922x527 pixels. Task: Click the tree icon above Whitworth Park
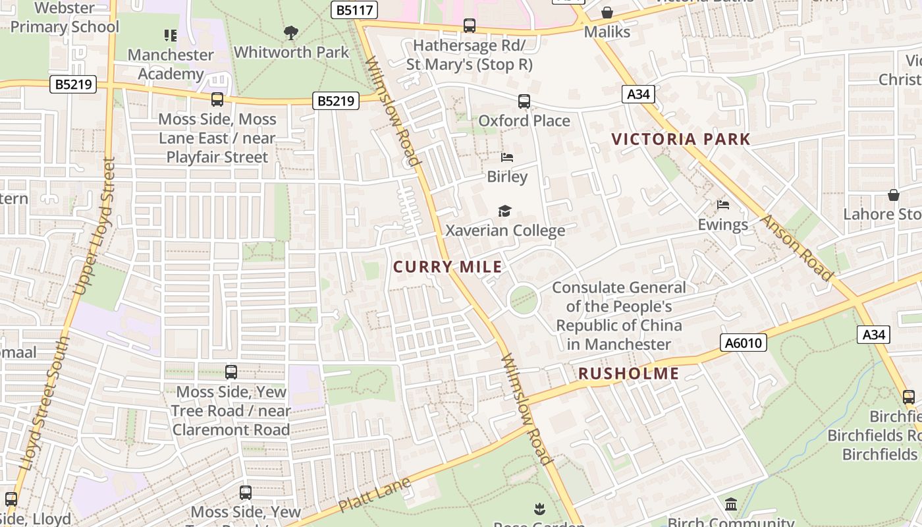(291, 32)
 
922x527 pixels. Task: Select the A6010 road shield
(744, 343)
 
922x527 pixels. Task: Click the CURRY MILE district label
(447, 267)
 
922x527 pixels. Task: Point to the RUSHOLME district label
(628, 374)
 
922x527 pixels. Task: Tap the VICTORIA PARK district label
(681, 139)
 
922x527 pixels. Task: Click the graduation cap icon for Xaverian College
(504, 211)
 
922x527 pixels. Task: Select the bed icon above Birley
(506, 157)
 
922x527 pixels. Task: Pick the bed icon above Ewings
(723, 205)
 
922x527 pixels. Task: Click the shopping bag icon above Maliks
(607, 13)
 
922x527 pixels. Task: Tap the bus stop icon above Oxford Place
(524, 101)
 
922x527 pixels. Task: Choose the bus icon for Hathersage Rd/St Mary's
(469, 26)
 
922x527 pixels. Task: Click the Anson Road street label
(798, 247)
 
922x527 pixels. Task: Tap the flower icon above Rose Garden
(539, 509)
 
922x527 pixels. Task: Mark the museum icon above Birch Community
(731, 505)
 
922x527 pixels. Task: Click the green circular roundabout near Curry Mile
(524, 300)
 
